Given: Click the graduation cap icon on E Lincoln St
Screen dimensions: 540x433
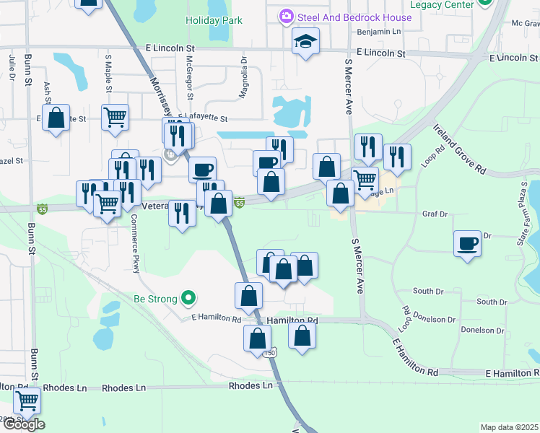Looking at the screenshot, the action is tap(305, 41).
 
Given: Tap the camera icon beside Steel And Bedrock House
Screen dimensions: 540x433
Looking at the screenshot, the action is tap(287, 16).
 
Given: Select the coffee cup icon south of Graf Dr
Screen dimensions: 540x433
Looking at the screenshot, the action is tap(467, 242).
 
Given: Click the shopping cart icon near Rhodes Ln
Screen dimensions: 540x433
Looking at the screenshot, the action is tap(27, 399).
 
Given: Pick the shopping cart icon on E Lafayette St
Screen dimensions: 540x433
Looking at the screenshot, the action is tap(115, 116).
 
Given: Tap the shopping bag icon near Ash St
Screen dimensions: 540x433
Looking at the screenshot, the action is tap(56, 117).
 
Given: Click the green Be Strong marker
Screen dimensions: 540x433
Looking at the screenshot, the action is tap(188, 297).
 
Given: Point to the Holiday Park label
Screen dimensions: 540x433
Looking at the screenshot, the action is tap(214, 21).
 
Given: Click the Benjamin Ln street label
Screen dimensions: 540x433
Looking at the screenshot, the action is tap(379, 32).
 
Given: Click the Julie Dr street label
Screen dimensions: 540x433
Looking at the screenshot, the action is tap(13, 64).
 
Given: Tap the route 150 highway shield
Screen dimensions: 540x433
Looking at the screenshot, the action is tap(269, 353).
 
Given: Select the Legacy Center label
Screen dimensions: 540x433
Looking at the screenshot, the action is tap(441, 4).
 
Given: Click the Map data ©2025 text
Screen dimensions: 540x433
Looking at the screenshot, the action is tap(509, 427).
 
